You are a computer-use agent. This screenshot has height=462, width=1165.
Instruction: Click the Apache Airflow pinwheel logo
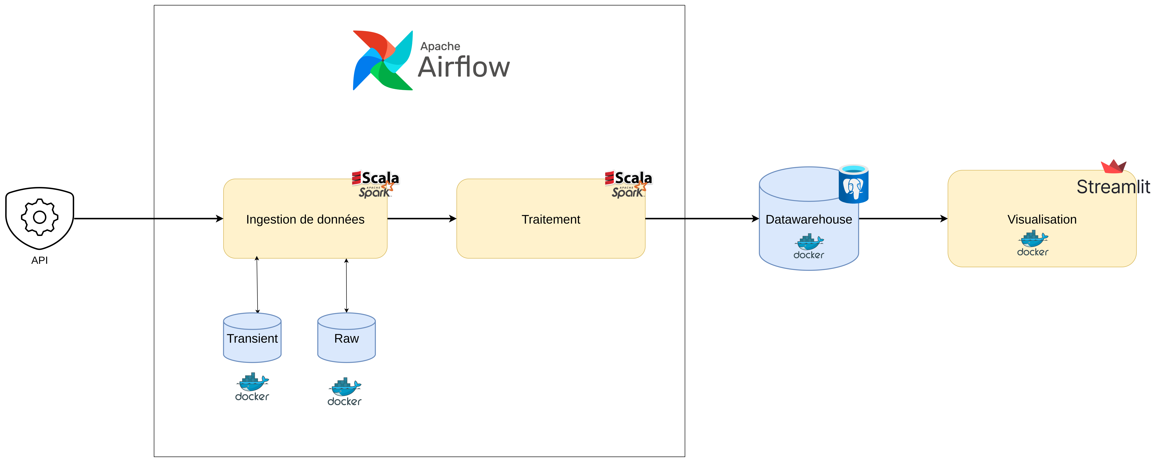tap(383, 60)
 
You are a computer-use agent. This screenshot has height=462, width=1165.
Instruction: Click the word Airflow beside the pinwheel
tap(464, 67)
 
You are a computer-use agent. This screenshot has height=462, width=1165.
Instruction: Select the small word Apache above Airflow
tap(440, 46)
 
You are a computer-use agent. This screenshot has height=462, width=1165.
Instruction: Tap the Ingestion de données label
tap(305, 219)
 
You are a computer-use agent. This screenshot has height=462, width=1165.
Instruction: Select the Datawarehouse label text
tap(809, 219)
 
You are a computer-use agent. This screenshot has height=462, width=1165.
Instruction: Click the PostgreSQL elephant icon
tap(853, 185)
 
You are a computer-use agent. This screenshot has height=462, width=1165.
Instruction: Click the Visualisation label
tap(1042, 219)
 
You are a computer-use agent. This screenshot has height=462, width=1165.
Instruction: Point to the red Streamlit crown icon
tap(1113, 166)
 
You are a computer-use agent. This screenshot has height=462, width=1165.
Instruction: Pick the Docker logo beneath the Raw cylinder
tap(345, 392)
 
